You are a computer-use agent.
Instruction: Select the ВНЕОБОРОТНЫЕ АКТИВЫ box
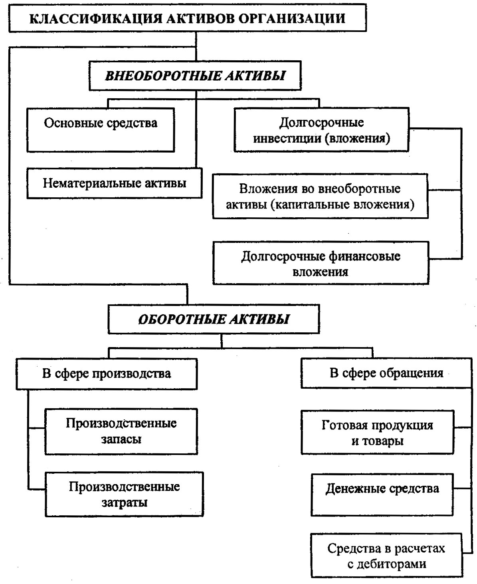[195, 75]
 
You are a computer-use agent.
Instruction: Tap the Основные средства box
[101, 130]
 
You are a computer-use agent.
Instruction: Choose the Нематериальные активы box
[115, 183]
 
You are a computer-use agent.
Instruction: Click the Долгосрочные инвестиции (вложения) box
[321, 130]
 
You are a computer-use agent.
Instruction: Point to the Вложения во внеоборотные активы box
[321, 196]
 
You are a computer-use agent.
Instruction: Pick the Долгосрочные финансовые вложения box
[321, 263]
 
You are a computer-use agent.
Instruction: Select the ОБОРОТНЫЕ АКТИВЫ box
[214, 319]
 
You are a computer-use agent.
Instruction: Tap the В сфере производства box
[107, 374]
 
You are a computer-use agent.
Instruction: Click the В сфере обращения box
[386, 373]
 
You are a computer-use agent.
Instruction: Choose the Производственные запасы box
[121, 431]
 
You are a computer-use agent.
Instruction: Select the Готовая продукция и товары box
[378, 433]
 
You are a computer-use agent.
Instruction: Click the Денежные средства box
[382, 495]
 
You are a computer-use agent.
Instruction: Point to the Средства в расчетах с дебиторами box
[386, 556]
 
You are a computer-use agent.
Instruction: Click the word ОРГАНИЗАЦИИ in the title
[292, 19]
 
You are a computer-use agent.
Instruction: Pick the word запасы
[121, 439]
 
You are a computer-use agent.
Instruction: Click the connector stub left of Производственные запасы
[36, 428]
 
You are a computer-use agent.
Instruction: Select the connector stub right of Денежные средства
[462, 488]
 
